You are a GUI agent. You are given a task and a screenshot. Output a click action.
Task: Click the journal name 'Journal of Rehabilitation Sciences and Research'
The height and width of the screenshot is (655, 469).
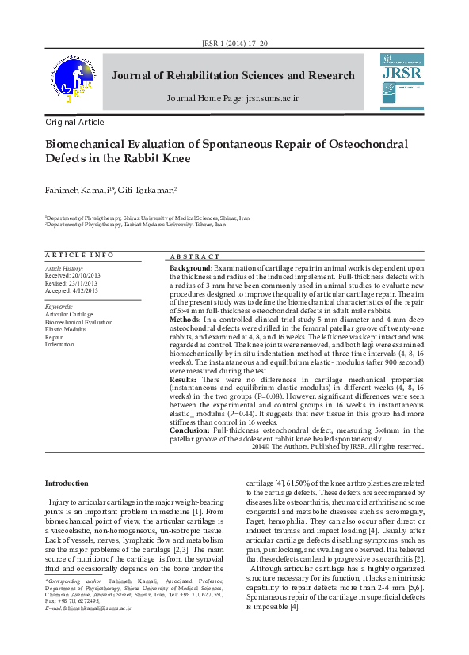(x=233, y=76)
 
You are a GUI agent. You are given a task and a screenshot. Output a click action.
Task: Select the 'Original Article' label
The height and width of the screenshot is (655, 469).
(x=74, y=123)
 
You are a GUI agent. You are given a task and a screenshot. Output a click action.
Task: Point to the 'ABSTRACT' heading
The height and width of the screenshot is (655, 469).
(x=195, y=257)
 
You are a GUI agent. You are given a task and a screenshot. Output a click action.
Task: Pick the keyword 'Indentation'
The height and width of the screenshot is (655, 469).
(x=59, y=345)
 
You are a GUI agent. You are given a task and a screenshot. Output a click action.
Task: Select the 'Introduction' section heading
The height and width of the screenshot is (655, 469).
(x=67, y=483)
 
